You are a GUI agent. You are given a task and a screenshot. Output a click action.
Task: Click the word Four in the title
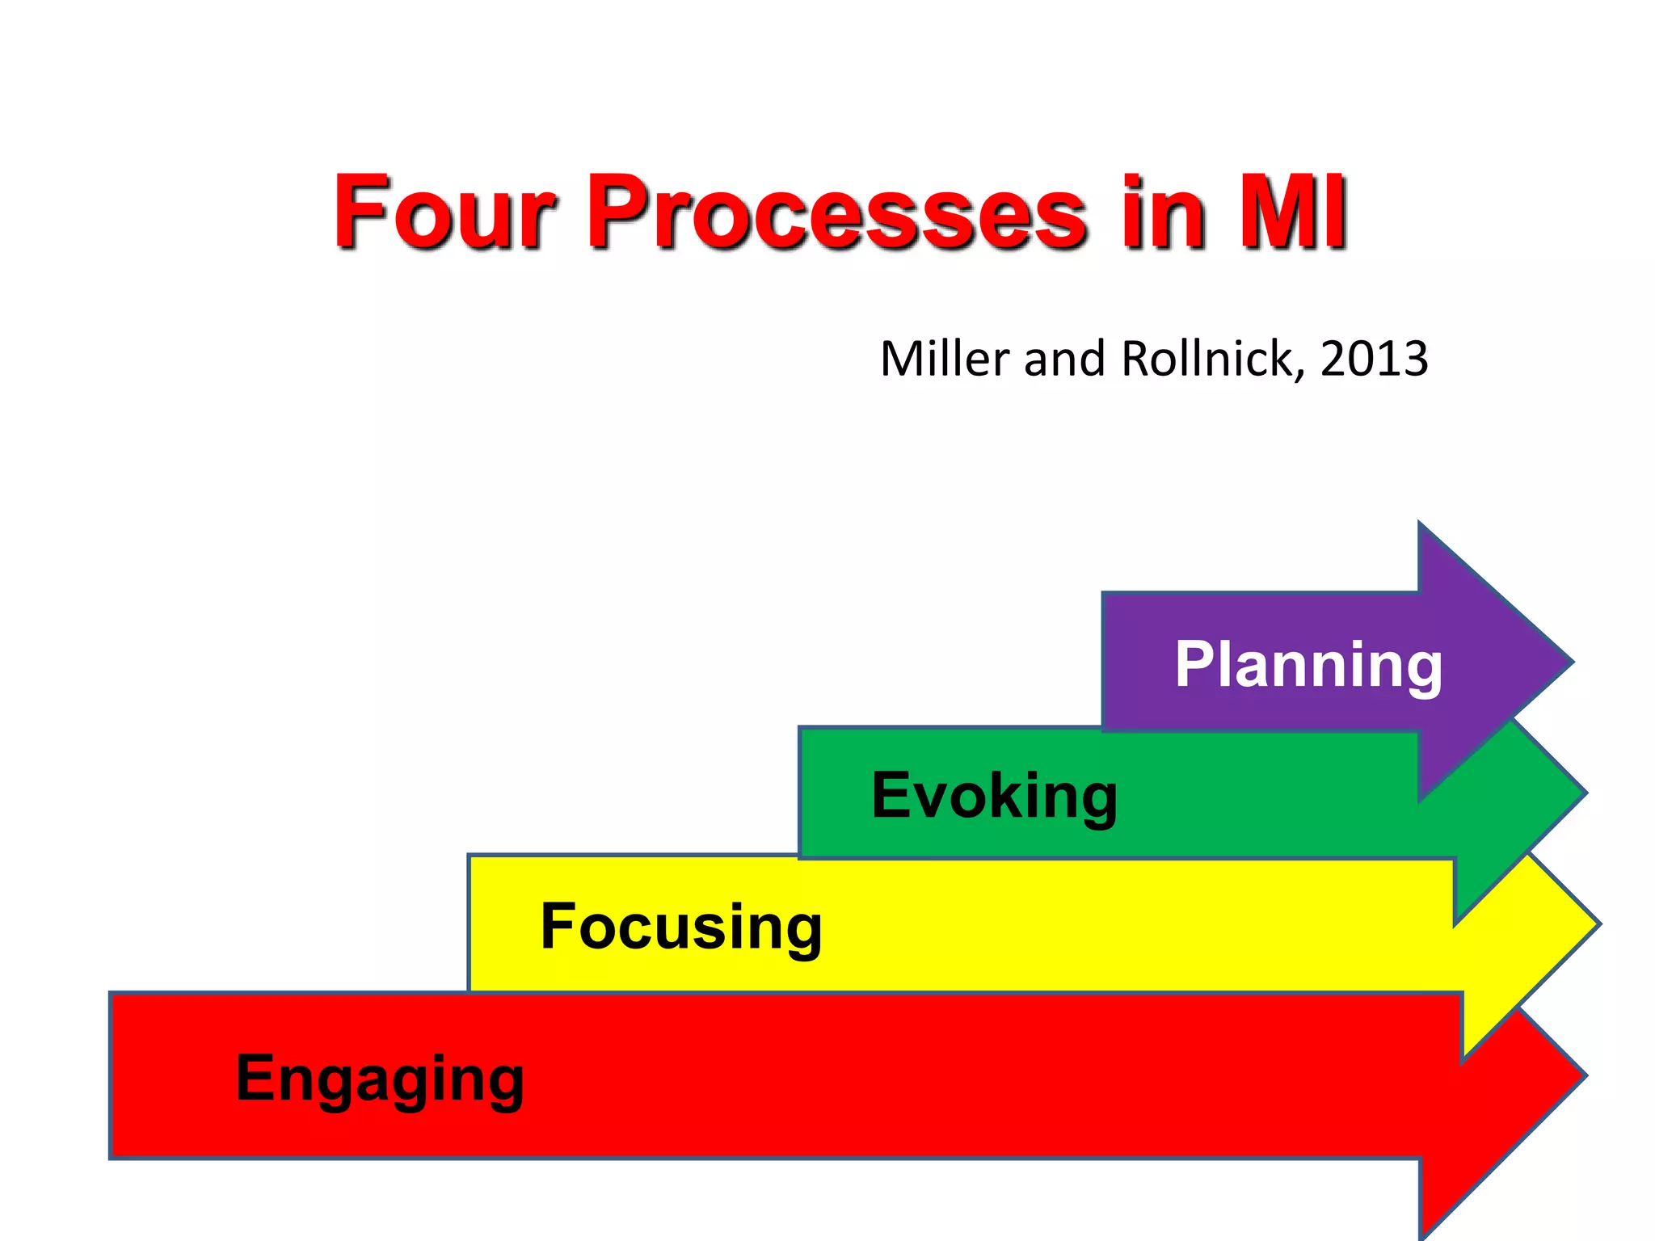444,212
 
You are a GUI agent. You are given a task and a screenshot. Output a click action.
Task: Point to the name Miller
945,359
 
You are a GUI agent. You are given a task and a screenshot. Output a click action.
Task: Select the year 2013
1374,359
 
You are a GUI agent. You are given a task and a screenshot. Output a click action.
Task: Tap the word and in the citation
1064,359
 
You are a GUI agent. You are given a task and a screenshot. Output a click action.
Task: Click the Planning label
1308,665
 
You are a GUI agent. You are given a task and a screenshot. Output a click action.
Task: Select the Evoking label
995,796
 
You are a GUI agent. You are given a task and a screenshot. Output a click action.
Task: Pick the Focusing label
681,927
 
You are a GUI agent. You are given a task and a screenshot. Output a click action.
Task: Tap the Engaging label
380,1078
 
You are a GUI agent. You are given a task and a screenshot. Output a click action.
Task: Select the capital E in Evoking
891,796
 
